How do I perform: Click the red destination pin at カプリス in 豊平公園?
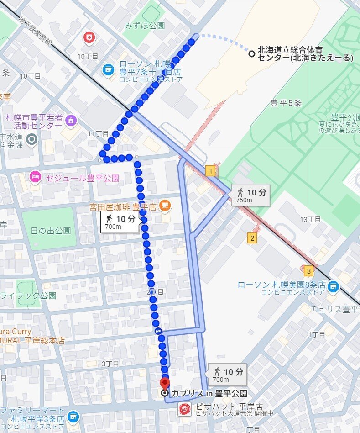pyautogui.click(x=165, y=383)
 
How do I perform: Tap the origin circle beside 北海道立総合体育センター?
pyautogui.click(x=251, y=53)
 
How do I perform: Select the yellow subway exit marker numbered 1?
pyautogui.click(x=210, y=171)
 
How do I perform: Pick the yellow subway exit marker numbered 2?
pyautogui.click(x=252, y=238)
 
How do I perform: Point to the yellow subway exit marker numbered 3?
pyautogui.click(x=309, y=271)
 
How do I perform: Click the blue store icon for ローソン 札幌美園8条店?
pyautogui.click(x=334, y=286)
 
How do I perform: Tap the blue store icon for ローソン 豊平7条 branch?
pyautogui.click(x=108, y=69)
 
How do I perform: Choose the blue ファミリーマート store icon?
pyautogui.click(x=72, y=416)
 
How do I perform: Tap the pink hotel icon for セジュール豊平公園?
pyautogui.click(x=35, y=178)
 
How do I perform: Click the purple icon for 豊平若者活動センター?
pyautogui.click(x=71, y=121)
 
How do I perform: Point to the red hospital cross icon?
pyautogui.click(x=89, y=38)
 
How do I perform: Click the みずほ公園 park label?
pyautogui.click(x=144, y=26)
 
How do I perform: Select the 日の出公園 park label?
pyautogui.click(x=51, y=231)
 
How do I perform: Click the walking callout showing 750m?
pyautogui.click(x=250, y=195)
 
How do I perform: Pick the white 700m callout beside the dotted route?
pyautogui.click(x=120, y=222)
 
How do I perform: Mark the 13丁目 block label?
pyautogui.click(x=310, y=219)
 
